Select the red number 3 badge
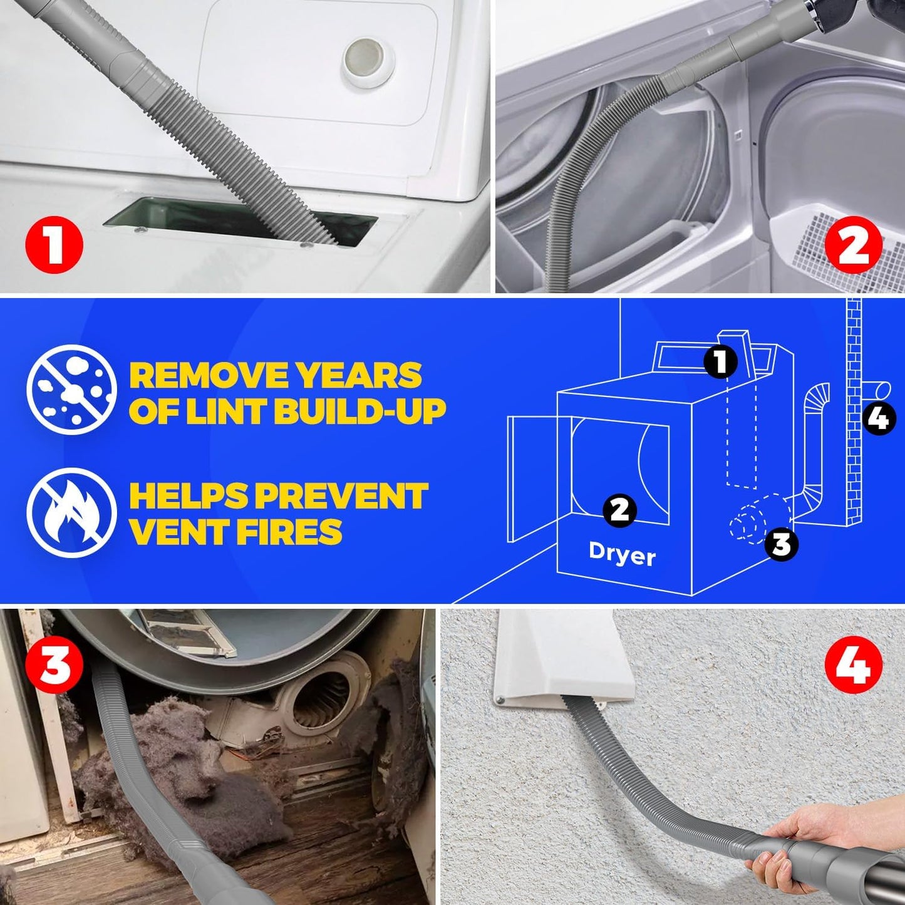pos(54,665)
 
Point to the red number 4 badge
pos(853,665)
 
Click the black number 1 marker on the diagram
pos(720,361)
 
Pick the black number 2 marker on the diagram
pos(619,510)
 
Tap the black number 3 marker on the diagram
pos(781,544)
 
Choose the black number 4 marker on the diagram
pos(879,418)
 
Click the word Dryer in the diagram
pos(622,554)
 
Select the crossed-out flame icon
pos(71,512)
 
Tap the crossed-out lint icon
pos(71,390)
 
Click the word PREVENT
pos(341,496)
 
